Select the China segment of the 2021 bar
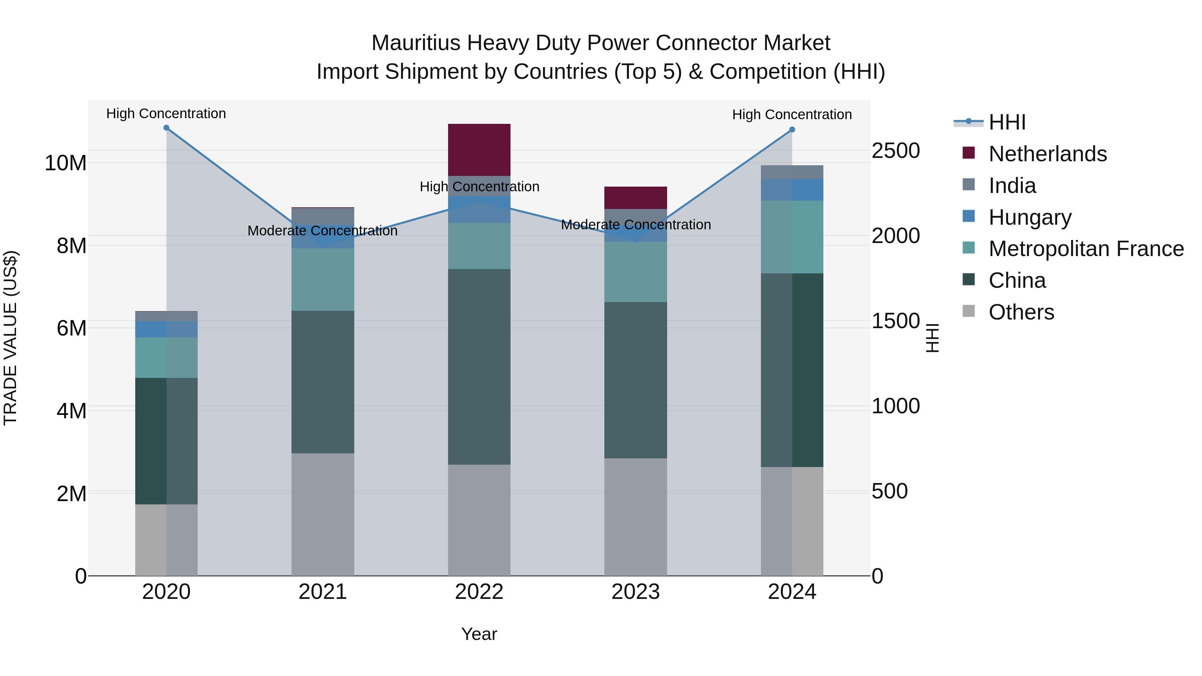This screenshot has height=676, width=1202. coord(323,382)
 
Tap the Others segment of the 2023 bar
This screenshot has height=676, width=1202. coord(635,516)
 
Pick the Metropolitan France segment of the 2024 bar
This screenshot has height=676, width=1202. coord(792,237)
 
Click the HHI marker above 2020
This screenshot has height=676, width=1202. coord(166,128)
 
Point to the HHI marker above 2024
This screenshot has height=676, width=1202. coord(792,130)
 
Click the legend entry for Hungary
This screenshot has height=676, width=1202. coord(1030,217)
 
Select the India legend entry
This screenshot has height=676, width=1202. coord(1012,186)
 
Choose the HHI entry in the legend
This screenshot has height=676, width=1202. coord(1007,122)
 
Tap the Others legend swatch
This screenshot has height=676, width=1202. coord(969,311)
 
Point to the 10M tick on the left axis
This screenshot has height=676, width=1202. coord(65,163)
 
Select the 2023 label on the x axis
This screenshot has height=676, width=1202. coord(635,592)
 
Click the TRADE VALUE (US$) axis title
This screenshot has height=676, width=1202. coord(10,338)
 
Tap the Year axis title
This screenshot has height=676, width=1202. coord(479,634)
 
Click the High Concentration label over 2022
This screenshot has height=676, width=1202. coord(479,187)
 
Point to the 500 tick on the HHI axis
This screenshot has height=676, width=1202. coord(889,491)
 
